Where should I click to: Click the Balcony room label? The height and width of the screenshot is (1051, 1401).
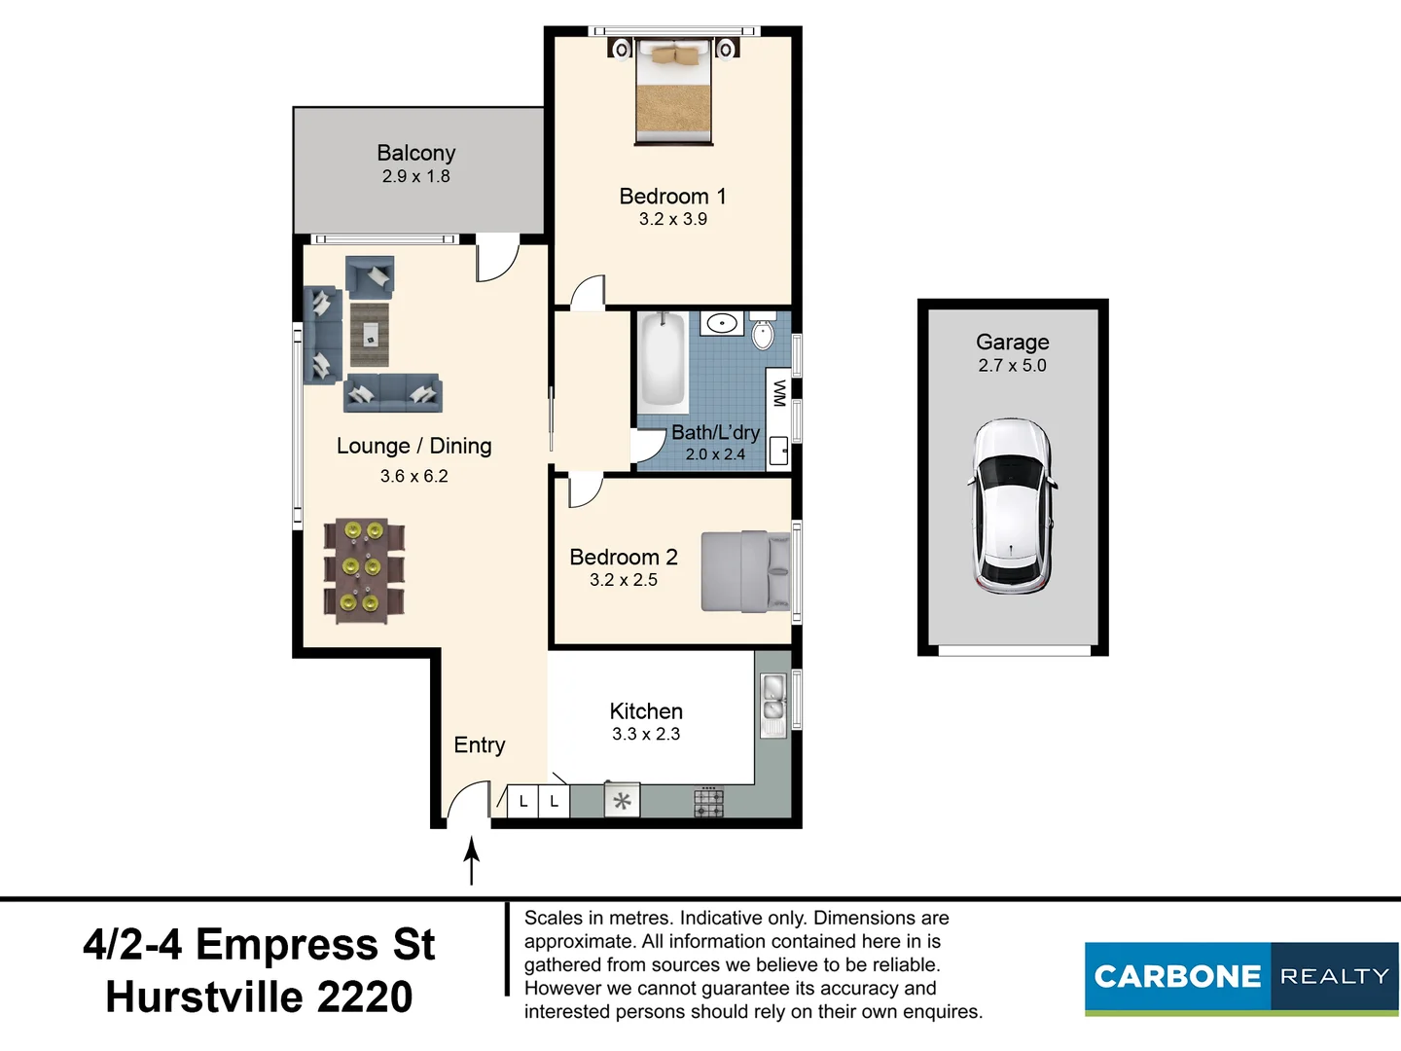(x=415, y=153)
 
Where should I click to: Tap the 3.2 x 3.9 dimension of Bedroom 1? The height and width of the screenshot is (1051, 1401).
(x=672, y=219)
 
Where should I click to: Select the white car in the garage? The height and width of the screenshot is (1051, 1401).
(x=1012, y=506)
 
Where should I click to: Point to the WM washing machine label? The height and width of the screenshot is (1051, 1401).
(x=778, y=393)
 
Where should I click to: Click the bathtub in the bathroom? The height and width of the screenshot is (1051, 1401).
(x=663, y=360)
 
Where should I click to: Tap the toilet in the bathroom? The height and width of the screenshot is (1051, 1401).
(x=763, y=332)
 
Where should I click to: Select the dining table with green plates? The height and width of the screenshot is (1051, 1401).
(x=363, y=570)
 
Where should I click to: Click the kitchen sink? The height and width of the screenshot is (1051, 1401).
(x=773, y=701)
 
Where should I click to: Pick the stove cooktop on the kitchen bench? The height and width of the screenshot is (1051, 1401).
(x=708, y=803)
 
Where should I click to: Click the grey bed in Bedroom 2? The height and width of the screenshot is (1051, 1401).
(x=745, y=571)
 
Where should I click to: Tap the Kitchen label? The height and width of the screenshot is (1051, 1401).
(x=646, y=711)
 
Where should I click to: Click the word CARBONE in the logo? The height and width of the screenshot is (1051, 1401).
(x=1177, y=976)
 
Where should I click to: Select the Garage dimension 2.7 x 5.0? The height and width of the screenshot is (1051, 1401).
(x=1012, y=366)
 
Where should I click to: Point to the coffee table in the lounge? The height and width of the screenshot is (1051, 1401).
(x=370, y=335)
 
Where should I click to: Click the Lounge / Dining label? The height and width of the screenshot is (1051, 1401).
(x=413, y=446)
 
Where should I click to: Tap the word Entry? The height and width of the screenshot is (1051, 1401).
(x=480, y=744)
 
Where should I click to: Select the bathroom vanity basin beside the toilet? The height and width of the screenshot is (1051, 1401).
(x=721, y=323)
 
